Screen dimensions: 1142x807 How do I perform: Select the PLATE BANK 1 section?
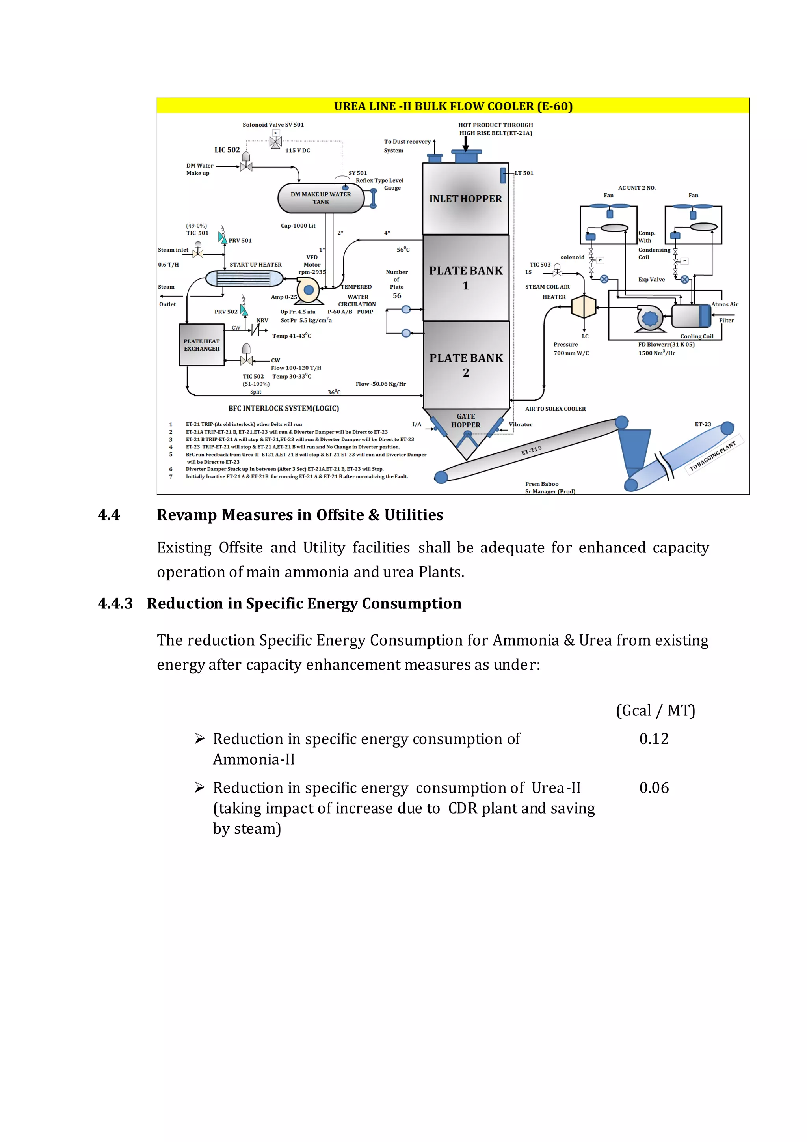pos(466,278)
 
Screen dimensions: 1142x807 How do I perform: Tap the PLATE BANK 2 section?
pos(466,365)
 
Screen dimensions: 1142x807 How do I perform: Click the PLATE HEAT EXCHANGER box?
pos(201,345)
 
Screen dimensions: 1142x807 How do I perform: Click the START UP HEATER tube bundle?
pos(244,278)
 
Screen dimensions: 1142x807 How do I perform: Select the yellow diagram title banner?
pos(453,106)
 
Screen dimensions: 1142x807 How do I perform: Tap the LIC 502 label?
pos(227,150)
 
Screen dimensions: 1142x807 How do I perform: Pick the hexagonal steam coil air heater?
pos(584,307)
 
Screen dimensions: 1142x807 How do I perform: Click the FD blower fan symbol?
pos(650,318)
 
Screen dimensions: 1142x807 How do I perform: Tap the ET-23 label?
pos(703,424)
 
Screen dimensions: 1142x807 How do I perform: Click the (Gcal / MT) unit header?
pos(655,710)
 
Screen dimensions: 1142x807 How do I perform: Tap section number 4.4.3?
pos(115,603)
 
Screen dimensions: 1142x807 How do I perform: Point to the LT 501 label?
pos(524,173)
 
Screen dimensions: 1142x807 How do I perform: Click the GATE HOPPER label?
pos(466,421)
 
